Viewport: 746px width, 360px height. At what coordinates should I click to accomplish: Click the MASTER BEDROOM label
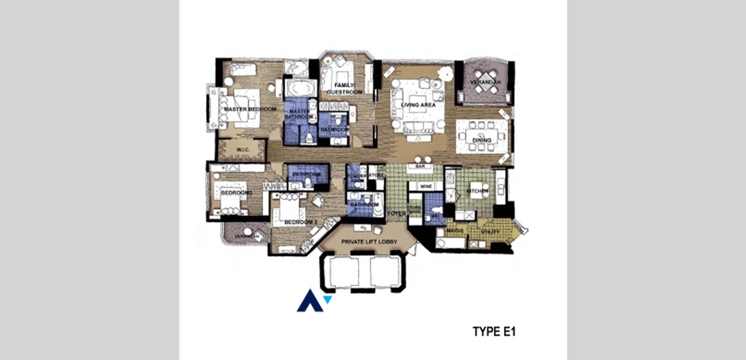[250, 109]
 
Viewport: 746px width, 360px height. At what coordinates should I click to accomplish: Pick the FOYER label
[397, 214]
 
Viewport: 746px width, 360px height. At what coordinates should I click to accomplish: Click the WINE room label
[425, 187]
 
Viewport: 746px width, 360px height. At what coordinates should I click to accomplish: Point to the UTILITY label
[491, 232]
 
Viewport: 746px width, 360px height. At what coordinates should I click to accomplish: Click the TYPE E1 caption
[494, 333]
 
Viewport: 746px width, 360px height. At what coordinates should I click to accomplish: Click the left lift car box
[346, 272]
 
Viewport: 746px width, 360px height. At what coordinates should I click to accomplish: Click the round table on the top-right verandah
[486, 82]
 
